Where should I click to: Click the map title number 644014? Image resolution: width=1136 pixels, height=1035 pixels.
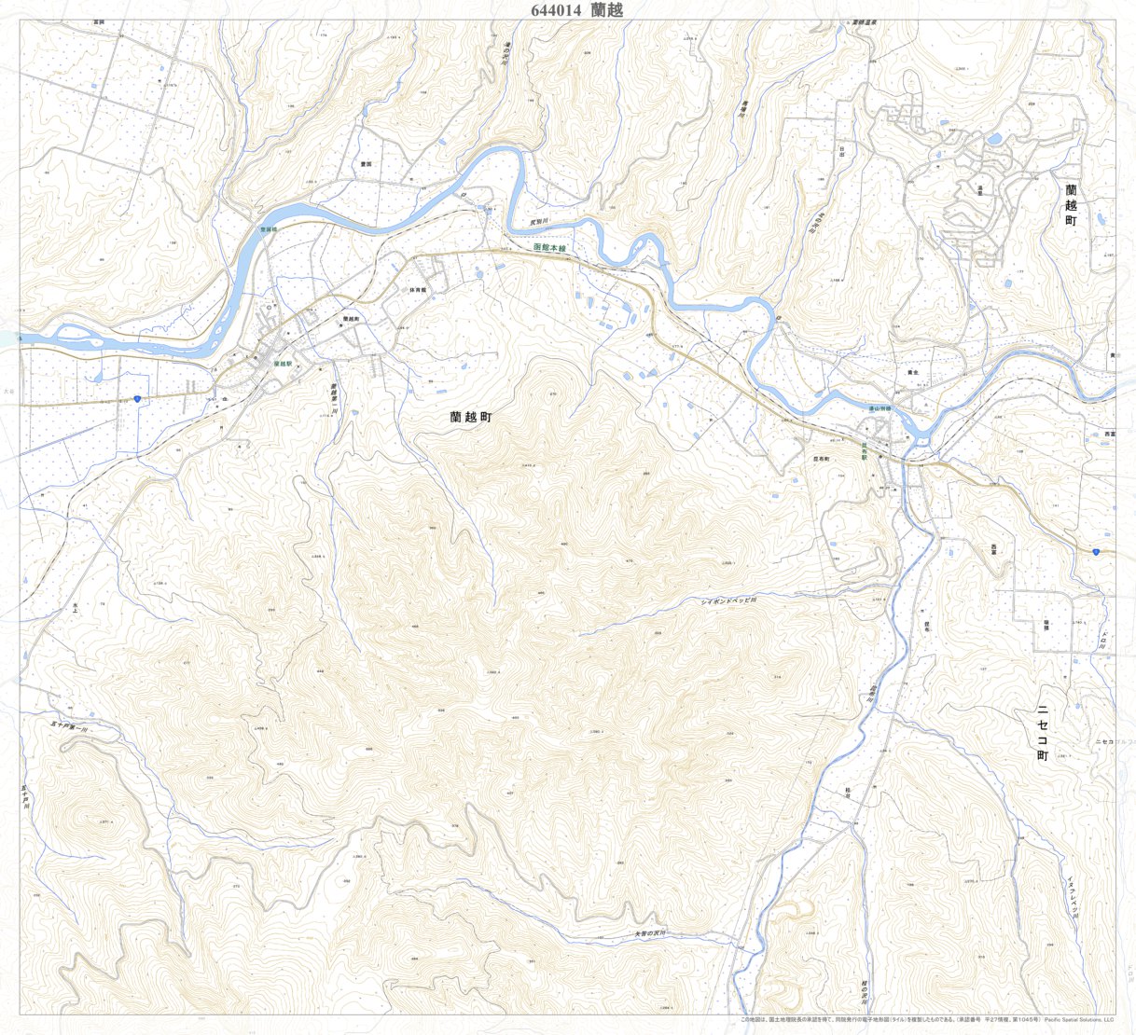pos(556,10)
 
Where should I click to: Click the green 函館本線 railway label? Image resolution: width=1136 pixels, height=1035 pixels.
pos(550,248)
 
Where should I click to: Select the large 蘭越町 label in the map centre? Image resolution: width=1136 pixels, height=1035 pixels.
pos(469,419)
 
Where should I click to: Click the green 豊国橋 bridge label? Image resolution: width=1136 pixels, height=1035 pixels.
pos(269,229)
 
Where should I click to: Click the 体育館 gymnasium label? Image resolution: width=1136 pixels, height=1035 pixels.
pos(416,290)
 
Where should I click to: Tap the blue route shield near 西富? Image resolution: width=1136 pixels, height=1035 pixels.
pos(1095,552)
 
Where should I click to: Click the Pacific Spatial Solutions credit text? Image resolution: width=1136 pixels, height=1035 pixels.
pos(1078,1020)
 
